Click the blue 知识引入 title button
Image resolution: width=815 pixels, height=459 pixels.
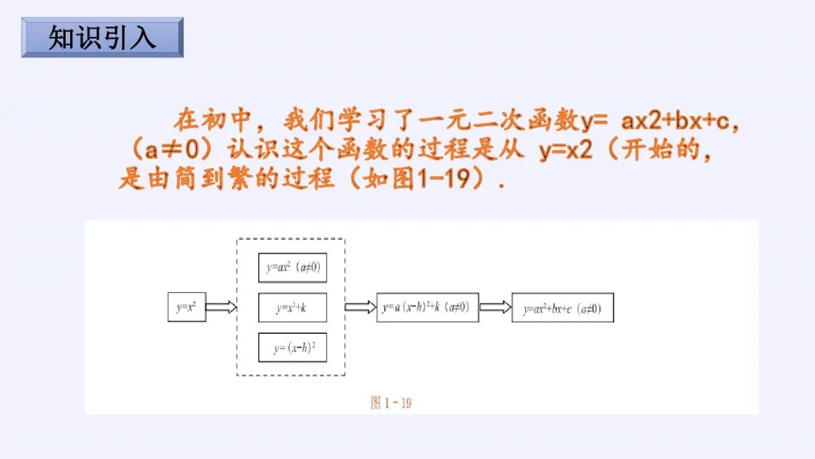[x=103, y=37]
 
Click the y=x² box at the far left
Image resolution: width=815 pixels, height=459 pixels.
[x=186, y=307]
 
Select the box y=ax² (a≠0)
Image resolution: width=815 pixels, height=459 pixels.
[x=293, y=268]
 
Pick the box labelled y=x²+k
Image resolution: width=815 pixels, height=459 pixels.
[x=293, y=307]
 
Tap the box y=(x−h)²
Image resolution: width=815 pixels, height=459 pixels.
[x=293, y=347]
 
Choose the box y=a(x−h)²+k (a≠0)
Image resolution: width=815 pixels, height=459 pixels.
[x=427, y=307]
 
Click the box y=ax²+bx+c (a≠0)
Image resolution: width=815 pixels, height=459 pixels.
[x=562, y=308]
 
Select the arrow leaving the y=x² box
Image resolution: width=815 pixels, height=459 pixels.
[x=221, y=307]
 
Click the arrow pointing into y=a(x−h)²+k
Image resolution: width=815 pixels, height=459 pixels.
[x=360, y=307]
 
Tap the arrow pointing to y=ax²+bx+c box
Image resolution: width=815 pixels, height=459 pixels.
[x=495, y=307]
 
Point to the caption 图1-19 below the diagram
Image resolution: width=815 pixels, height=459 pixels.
[x=391, y=402]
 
